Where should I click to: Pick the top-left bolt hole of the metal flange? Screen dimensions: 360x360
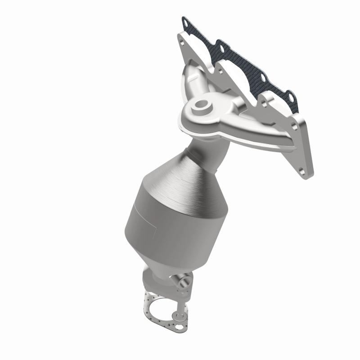[x=183, y=36]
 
